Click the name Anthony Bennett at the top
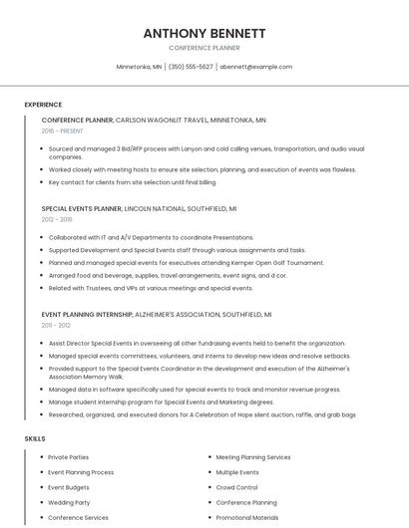click(x=204, y=33)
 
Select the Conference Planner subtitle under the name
click(x=204, y=48)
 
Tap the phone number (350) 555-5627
click(x=191, y=67)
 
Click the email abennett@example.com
click(x=256, y=67)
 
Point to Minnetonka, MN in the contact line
click(x=139, y=67)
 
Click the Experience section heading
click(x=43, y=105)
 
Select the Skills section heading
click(x=35, y=438)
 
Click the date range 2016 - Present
click(x=63, y=131)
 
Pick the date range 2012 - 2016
click(x=57, y=219)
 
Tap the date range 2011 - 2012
click(x=56, y=325)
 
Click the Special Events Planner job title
click(x=82, y=209)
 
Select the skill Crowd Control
click(x=236, y=487)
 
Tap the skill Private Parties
click(x=69, y=456)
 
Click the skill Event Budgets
click(x=69, y=487)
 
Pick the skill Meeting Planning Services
click(x=253, y=456)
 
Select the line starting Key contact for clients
click(x=132, y=182)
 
